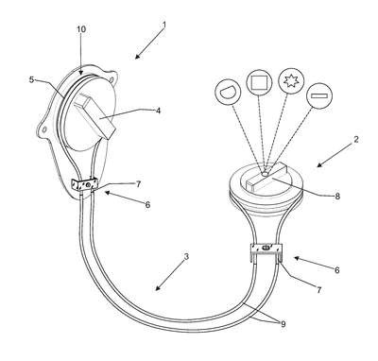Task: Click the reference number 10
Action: pos(81,29)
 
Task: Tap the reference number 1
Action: pos(164,25)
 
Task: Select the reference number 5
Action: pos(31,80)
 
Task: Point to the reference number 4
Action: pos(158,111)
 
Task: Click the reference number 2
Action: pos(355,139)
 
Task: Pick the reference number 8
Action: pos(337,197)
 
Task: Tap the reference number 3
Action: pos(186,257)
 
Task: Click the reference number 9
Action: pos(283,324)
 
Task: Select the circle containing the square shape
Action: pos(260,82)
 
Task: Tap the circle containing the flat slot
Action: pos(319,95)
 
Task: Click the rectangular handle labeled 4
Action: pos(95,116)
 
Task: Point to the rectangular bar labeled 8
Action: pos(266,177)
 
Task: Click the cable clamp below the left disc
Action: pos(85,184)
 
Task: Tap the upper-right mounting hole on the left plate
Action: pos(112,77)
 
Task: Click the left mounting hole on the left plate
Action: pos(44,129)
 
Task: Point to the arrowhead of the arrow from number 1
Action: pos(137,57)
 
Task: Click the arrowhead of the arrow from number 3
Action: pos(159,288)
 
